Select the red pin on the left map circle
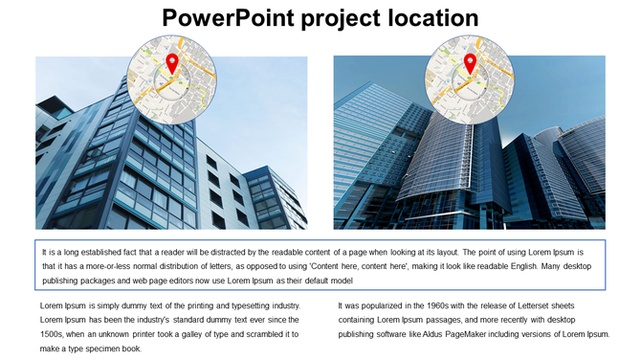point(172,63)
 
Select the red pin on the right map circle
point(470,63)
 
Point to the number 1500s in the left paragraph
point(52,335)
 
